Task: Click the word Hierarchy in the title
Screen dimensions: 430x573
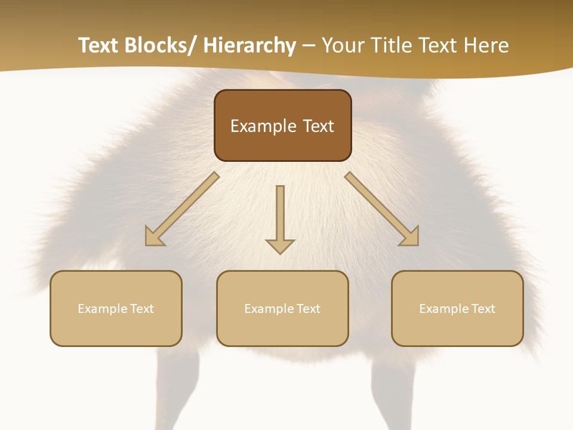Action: (x=249, y=45)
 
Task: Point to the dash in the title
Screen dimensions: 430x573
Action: (x=309, y=45)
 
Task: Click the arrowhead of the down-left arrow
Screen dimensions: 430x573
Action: (x=153, y=237)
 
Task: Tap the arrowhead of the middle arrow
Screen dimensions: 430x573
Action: (x=280, y=245)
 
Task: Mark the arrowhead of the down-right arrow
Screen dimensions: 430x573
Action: (x=410, y=237)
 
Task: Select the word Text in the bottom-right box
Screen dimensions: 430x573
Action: (x=483, y=309)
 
